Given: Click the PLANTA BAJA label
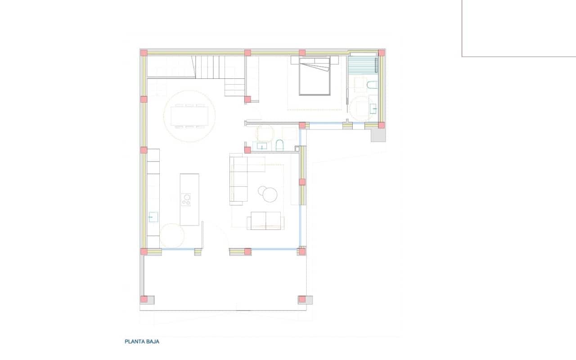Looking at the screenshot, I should (142, 342).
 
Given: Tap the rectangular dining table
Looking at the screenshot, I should (189, 116).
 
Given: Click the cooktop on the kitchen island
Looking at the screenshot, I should (186, 199).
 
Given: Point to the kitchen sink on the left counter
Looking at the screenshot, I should (153, 217).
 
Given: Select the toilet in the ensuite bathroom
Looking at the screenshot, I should (372, 85).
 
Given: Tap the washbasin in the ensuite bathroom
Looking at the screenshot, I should (373, 108).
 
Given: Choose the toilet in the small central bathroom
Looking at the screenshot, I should (279, 144).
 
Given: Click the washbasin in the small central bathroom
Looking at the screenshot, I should (261, 145).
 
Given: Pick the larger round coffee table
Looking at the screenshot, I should (271, 194).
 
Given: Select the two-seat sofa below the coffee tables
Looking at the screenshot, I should (265, 220).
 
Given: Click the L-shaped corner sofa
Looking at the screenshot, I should (241, 175).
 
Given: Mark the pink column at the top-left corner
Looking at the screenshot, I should (144, 53).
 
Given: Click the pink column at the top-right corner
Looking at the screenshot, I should (381, 53).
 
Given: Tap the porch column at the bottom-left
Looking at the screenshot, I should (144, 299).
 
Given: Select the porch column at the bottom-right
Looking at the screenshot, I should (302, 299).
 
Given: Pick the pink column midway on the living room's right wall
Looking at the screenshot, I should (302, 182).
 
